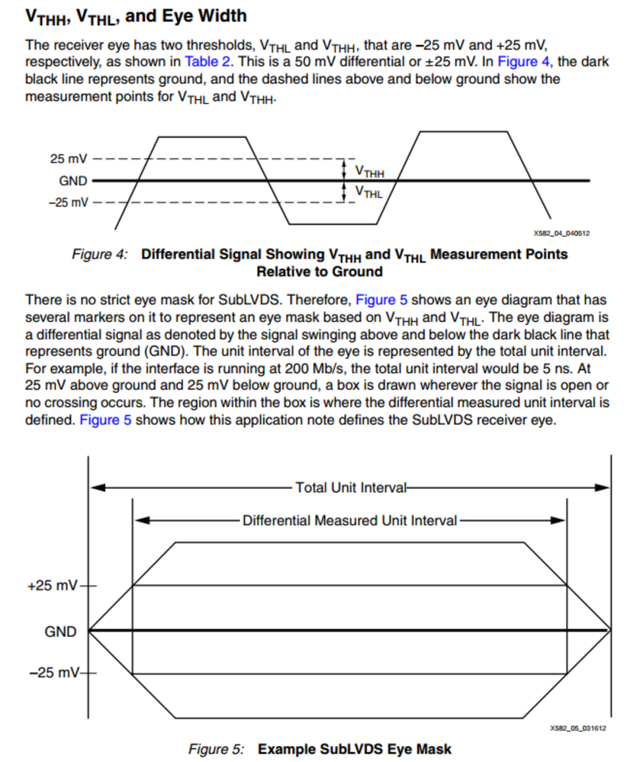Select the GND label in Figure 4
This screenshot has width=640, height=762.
(x=74, y=181)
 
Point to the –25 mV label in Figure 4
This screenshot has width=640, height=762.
(x=67, y=203)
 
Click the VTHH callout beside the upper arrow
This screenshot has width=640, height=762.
(x=370, y=172)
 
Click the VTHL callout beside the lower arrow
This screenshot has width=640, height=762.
(x=369, y=192)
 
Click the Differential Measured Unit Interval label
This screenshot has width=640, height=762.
(x=349, y=521)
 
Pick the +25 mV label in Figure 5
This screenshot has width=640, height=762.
(x=53, y=586)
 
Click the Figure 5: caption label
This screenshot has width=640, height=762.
(x=216, y=749)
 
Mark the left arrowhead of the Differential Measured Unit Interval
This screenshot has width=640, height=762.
(x=140, y=521)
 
